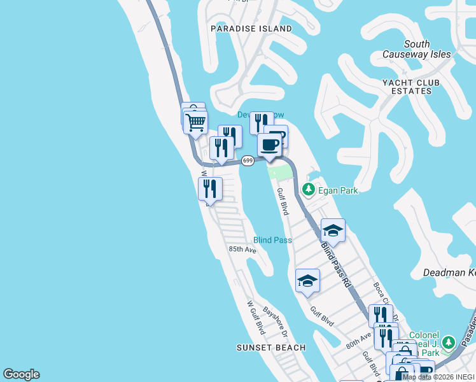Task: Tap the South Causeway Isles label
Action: pyautogui.click(x=417, y=50)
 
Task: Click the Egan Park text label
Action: pyautogui.click(x=339, y=190)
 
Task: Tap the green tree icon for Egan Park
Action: pyautogui.click(x=309, y=189)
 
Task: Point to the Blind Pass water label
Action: pyautogui.click(x=272, y=240)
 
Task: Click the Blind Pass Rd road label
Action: pyautogui.click(x=335, y=263)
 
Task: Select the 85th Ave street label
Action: pyautogui.click(x=242, y=250)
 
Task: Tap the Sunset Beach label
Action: pyautogui.click(x=271, y=348)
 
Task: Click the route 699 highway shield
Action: pyautogui.click(x=248, y=160)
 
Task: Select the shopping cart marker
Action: pyautogui.click(x=196, y=121)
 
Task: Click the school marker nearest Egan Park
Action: pyautogui.click(x=332, y=230)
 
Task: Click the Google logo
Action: pyautogui.click(x=21, y=374)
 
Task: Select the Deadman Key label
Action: pyautogui.click(x=449, y=273)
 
